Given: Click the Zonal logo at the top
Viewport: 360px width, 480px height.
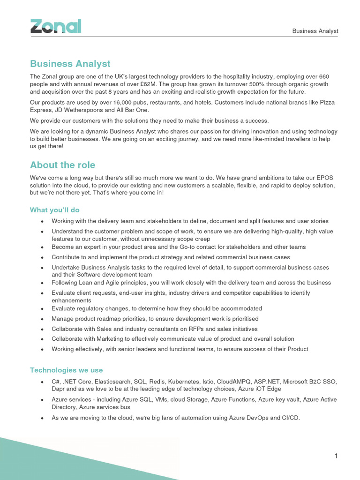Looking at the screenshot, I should point(56,26).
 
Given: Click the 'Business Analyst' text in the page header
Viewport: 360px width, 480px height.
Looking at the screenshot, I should point(315,31).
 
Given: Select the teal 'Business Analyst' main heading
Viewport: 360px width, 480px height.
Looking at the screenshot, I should point(70,64).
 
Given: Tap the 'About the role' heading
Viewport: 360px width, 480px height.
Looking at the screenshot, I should point(62,165).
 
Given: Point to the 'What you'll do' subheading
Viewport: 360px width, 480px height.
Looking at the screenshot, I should point(55,210).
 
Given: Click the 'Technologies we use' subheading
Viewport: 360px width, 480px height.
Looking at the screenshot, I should point(66,370).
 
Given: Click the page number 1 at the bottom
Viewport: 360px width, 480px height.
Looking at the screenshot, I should point(336,456).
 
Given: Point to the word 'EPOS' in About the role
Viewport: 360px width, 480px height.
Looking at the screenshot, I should point(324,178).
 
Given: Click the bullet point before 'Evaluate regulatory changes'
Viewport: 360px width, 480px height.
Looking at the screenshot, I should point(43,309).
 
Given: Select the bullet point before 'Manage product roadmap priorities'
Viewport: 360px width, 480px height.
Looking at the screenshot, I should point(43,319).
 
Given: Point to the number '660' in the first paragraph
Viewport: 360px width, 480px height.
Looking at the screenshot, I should point(324,76).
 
